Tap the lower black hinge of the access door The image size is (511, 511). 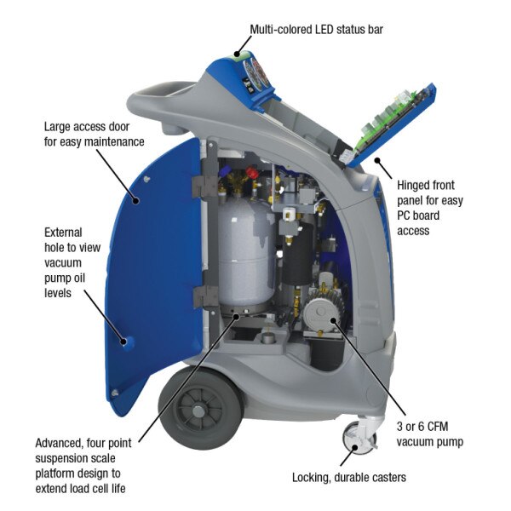pos(204,296)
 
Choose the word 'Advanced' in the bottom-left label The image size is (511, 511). pos(60,444)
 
